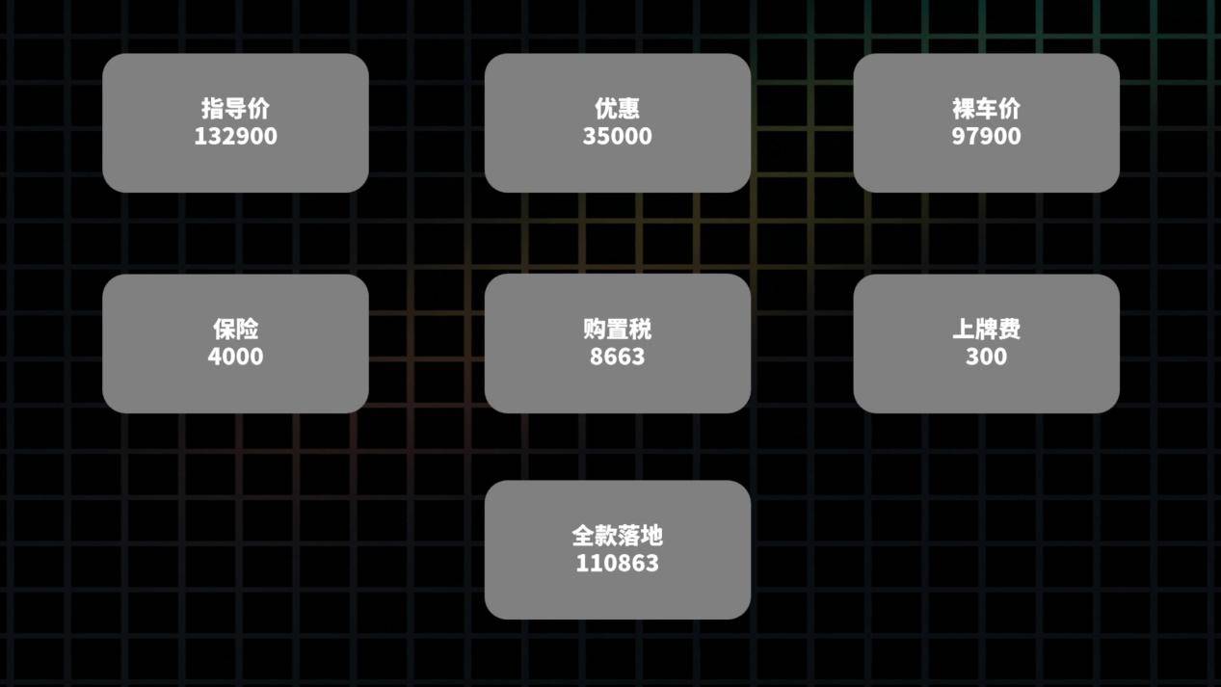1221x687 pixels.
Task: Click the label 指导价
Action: (x=235, y=109)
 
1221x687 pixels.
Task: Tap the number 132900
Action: (x=235, y=136)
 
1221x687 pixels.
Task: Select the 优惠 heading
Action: (x=617, y=109)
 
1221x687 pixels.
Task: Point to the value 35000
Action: (x=617, y=136)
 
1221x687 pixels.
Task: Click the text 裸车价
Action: (x=986, y=109)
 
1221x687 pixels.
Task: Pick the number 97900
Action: (x=986, y=136)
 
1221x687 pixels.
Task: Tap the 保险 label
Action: (x=235, y=330)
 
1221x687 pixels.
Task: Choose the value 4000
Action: (x=235, y=357)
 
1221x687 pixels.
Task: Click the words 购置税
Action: (x=617, y=330)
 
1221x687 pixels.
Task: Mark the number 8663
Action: (x=617, y=357)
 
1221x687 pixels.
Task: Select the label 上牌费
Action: (x=986, y=330)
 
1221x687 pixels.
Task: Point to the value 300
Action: (x=986, y=357)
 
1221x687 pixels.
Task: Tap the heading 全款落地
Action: (x=617, y=536)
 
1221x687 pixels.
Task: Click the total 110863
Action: (x=617, y=564)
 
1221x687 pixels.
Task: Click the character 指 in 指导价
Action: (x=213, y=109)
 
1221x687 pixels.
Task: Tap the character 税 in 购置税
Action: (x=640, y=330)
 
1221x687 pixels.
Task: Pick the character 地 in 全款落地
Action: (x=651, y=536)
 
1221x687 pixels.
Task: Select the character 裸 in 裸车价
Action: (x=963, y=109)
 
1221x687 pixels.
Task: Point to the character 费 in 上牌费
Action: (x=1009, y=330)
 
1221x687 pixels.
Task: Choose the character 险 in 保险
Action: (x=247, y=330)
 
